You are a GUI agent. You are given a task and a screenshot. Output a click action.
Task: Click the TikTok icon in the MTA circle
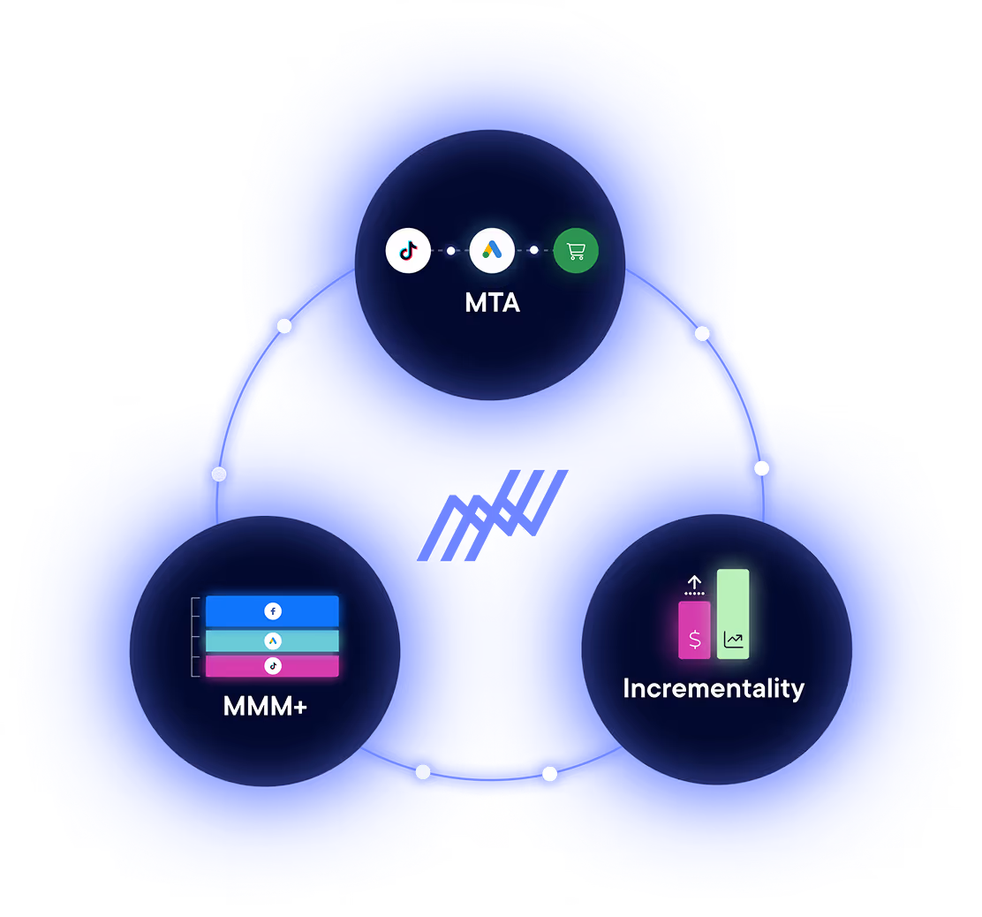tap(408, 251)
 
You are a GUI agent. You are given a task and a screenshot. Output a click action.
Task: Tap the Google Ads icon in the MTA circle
tap(492, 251)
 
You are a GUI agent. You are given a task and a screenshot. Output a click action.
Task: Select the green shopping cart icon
tap(576, 251)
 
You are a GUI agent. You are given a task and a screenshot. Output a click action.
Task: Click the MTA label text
tap(492, 303)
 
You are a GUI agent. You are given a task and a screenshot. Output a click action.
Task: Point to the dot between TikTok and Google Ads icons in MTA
tap(450, 251)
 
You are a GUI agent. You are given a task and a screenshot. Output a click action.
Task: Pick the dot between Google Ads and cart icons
tap(533, 250)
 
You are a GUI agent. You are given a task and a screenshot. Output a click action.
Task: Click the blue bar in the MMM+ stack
tap(230, 610)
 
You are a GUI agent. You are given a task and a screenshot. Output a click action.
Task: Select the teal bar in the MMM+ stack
tap(230, 640)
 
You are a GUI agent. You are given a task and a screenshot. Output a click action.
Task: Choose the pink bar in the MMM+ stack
tap(230, 666)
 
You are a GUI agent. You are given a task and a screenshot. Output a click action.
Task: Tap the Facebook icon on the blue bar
tap(272, 610)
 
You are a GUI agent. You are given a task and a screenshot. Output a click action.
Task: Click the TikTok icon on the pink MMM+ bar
tap(272, 666)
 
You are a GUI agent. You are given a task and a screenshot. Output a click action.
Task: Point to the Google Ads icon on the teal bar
tap(272, 640)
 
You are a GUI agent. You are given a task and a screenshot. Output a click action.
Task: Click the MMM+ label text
tap(265, 707)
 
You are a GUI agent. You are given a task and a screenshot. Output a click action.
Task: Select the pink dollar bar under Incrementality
tap(694, 629)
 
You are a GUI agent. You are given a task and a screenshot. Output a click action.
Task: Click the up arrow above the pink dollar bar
tap(694, 583)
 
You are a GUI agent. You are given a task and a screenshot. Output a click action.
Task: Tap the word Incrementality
tap(714, 688)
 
